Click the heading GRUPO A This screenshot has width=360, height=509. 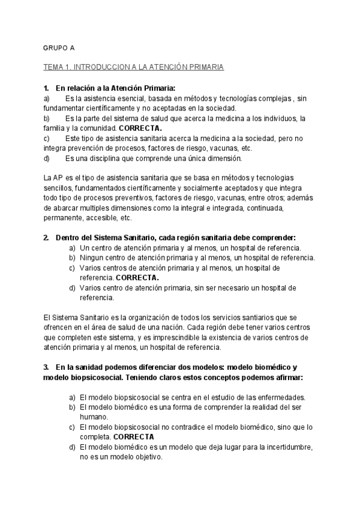(x=59, y=47)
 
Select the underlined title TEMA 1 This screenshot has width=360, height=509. (x=133, y=67)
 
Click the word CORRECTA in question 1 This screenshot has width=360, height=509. (x=140, y=128)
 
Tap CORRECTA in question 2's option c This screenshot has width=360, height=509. (x=137, y=278)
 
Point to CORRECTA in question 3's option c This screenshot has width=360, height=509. (x=133, y=437)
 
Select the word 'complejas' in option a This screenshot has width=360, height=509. (x=268, y=98)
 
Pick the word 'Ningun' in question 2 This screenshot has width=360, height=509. (x=91, y=258)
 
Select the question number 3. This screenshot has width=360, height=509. (x=46, y=367)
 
